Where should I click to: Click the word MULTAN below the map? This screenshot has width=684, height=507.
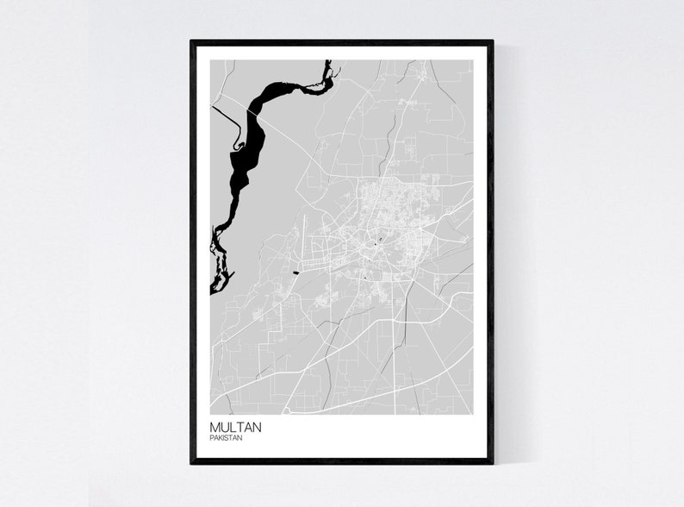coord(235,426)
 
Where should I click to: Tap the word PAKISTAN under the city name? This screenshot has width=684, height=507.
coord(227,438)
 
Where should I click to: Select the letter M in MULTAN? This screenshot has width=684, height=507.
coord(215,426)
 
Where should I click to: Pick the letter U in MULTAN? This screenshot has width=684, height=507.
coord(224,426)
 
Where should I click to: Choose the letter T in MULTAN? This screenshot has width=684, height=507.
coord(239,426)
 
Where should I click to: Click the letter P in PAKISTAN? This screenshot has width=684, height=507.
coord(211,438)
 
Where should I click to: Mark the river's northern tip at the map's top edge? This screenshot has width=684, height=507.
coord(327,62)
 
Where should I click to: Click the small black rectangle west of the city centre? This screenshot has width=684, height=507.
coord(297,272)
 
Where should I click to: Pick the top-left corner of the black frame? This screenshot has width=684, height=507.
coord(192,41)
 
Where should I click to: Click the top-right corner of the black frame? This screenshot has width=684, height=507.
coord(492,41)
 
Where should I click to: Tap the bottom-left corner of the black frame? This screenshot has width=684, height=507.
coord(192,462)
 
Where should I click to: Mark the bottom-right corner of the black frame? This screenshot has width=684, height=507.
coord(492,462)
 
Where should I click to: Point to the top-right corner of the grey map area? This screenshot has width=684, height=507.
coord(473,60)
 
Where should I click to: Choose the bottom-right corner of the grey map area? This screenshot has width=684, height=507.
coord(473,414)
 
